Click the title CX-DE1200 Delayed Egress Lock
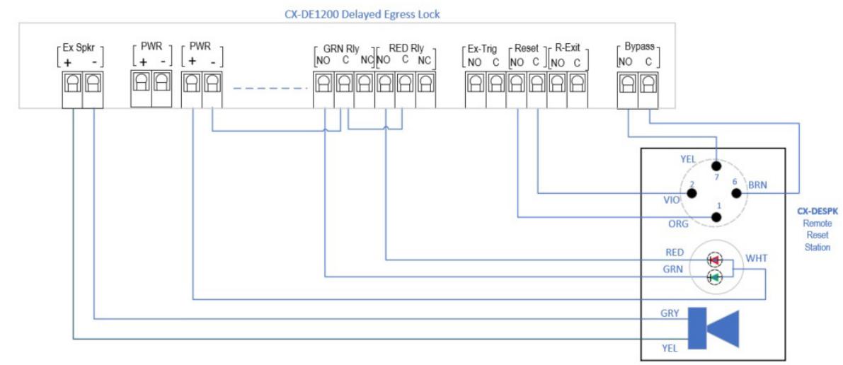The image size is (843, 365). (x=362, y=14)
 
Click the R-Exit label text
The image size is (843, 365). (x=567, y=48)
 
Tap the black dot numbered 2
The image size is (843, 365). (x=692, y=193)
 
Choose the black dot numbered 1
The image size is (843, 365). (x=716, y=217)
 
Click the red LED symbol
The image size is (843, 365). (x=715, y=260)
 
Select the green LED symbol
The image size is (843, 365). (x=715, y=277)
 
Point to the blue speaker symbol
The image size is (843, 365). (x=714, y=328)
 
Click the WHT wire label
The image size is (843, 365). (x=757, y=259)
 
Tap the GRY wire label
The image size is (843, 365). (x=670, y=313)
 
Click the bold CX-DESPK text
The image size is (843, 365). (x=817, y=212)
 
